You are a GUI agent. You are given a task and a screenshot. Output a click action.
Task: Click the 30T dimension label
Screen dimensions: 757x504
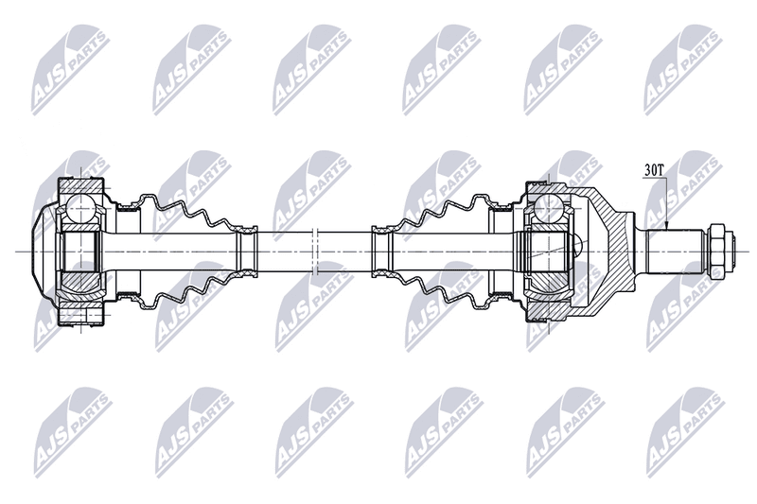(x=654, y=170)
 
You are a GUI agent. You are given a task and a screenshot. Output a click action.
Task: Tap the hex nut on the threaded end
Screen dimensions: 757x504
(x=716, y=252)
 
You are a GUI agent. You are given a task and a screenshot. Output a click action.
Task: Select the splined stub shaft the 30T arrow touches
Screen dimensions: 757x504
(x=675, y=252)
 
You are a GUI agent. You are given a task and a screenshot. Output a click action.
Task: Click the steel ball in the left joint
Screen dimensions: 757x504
(x=79, y=209)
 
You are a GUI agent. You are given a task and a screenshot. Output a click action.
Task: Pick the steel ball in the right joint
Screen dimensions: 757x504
(x=549, y=207)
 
